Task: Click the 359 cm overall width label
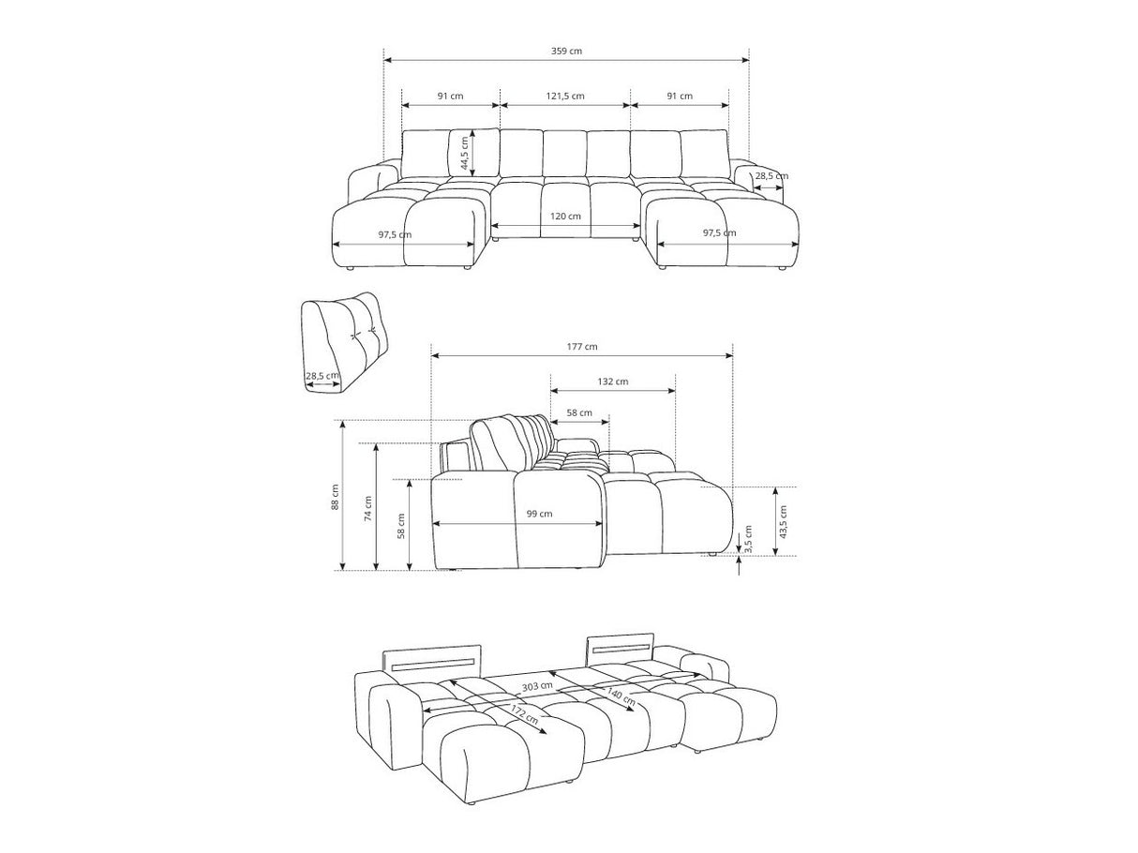(x=566, y=51)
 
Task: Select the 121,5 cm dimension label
(x=565, y=96)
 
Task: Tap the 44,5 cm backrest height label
(x=465, y=153)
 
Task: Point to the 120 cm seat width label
(x=565, y=217)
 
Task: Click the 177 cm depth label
(x=582, y=347)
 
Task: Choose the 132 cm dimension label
(x=613, y=382)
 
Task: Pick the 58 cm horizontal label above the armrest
(x=579, y=413)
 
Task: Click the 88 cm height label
(x=335, y=497)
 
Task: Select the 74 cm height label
(x=368, y=508)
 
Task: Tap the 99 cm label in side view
(x=539, y=514)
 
